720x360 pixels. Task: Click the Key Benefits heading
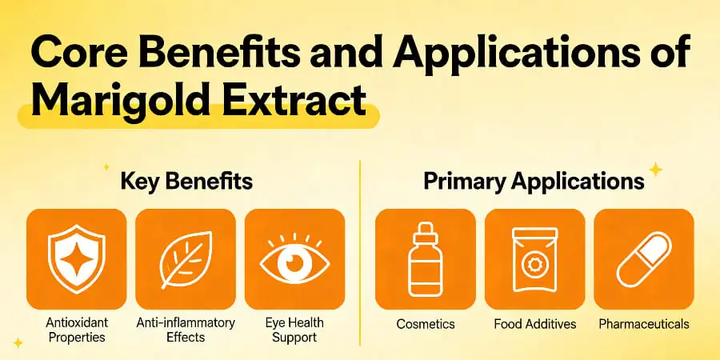click(x=186, y=181)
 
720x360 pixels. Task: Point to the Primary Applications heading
click(x=534, y=181)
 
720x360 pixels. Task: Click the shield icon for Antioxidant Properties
click(x=77, y=259)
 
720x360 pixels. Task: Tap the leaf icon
click(x=186, y=259)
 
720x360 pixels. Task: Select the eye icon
click(x=294, y=259)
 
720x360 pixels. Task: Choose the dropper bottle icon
click(x=425, y=259)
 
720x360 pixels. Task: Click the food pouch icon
click(x=534, y=259)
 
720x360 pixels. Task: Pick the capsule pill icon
click(x=643, y=259)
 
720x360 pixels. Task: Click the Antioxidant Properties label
click(x=77, y=330)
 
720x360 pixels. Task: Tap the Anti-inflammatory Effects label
click(x=186, y=330)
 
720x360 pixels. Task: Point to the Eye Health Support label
click(x=294, y=330)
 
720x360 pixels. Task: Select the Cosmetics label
click(x=425, y=324)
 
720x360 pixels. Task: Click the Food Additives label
click(x=534, y=324)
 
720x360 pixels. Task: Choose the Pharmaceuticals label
click(x=643, y=324)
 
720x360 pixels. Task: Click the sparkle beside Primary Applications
click(x=656, y=170)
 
